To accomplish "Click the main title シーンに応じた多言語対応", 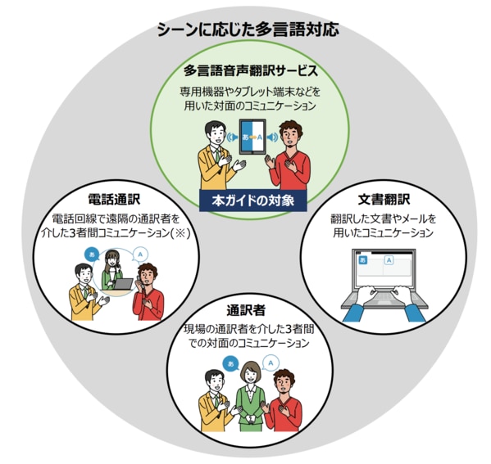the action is pyautogui.click(x=248, y=30).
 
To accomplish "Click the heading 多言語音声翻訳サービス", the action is pyautogui.click(x=251, y=70).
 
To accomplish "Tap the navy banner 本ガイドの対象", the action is pyautogui.click(x=253, y=200).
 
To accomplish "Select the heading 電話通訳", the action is pyautogui.click(x=114, y=199).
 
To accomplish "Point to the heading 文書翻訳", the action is pyautogui.click(x=384, y=200).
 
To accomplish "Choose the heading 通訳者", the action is pyautogui.click(x=246, y=310).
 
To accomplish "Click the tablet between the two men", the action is pyautogui.click(x=252, y=137).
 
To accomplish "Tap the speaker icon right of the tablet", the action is pyautogui.click(x=273, y=137).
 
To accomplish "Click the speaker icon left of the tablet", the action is pyautogui.click(x=232, y=137).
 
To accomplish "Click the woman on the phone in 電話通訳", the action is pyautogui.click(x=111, y=270).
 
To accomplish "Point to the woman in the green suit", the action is pyautogui.click(x=249, y=396).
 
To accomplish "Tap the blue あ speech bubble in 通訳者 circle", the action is pyautogui.click(x=231, y=364).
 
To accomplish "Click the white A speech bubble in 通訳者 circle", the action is pyautogui.click(x=271, y=363).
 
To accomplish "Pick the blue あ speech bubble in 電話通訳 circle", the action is pyautogui.click(x=92, y=255).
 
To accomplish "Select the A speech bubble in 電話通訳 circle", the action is pyautogui.click(x=140, y=255).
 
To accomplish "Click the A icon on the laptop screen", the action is pyautogui.click(x=389, y=260).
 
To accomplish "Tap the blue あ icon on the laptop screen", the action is pyautogui.click(x=363, y=260).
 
